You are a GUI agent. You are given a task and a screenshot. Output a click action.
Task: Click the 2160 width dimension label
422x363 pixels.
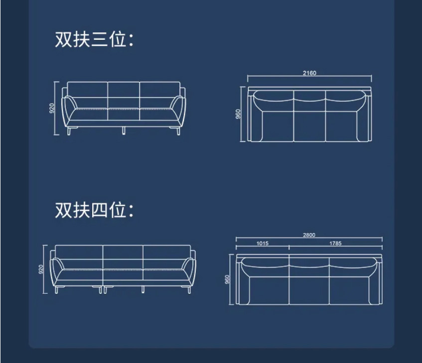[x=309, y=73]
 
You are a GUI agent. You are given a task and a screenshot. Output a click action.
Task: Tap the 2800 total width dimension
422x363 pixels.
[x=309, y=235]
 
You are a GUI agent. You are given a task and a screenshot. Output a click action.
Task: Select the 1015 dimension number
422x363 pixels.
[x=263, y=243]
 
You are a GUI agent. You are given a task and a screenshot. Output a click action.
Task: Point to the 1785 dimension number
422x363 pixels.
[x=335, y=243]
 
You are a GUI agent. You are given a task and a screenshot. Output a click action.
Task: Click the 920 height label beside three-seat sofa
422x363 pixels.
[x=52, y=108]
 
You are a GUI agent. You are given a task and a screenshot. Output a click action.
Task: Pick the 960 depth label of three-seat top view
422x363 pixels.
[x=238, y=114]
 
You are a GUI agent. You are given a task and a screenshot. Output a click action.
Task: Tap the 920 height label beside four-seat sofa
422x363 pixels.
[x=41, y=269]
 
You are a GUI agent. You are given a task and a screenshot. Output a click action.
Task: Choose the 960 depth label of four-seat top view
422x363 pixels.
[x=227, y=279]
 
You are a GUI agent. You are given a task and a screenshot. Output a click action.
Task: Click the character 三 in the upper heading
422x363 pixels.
[x=99, y=39]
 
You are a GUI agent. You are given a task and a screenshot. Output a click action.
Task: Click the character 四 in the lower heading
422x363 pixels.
[x=99, y=210]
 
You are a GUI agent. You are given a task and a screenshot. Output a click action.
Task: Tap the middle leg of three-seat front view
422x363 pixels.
[x=124, y=130]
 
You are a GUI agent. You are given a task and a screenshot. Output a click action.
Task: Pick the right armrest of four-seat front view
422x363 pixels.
[x=189, y=272]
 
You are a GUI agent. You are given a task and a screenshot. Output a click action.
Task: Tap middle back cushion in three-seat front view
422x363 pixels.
[x=124, y=90]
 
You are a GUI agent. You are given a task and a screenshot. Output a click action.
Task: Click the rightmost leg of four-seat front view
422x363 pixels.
[x=189, y=290]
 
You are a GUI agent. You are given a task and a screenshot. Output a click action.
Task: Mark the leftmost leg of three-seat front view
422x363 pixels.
[x=68, y=131]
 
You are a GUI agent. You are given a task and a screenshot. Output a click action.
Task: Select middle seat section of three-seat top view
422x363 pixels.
[x=309, y=126]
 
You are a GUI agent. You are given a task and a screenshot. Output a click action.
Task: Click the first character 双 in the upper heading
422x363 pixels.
[x=63, y=39]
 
